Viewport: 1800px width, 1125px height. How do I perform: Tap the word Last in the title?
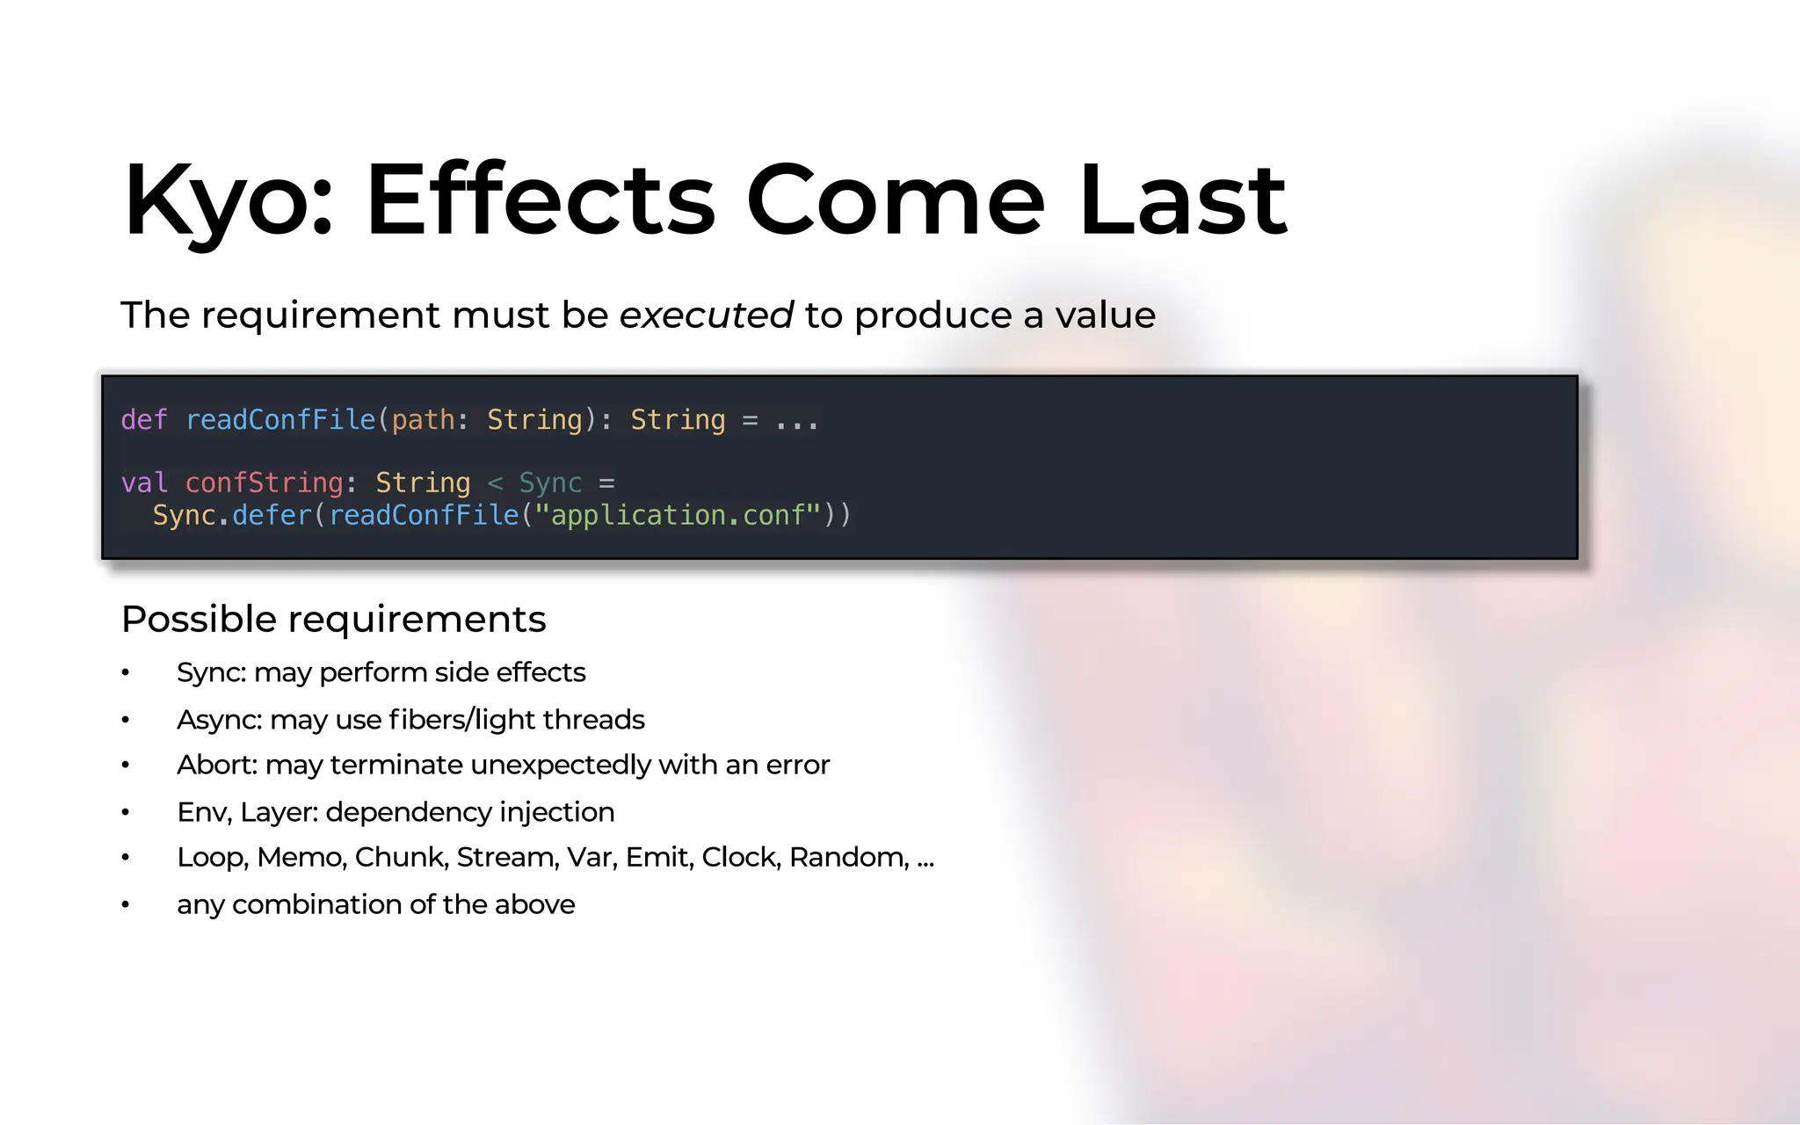tap(1182, 200)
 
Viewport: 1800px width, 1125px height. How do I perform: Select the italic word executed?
tap(706, 315)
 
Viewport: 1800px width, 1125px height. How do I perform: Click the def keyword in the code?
tap(143, 420)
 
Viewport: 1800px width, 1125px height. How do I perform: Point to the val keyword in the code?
tap(143, 483)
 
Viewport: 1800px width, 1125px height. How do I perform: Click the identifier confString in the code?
tap(264, 483)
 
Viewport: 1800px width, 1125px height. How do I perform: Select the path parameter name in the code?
tap(423, 420)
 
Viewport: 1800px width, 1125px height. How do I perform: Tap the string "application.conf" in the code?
tap(678, 515)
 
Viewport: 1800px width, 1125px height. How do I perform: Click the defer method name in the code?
tap(272, 515)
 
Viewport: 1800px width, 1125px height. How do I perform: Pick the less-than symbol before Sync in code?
tap(495, 483)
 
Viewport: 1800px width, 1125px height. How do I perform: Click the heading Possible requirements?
tap(333, 620)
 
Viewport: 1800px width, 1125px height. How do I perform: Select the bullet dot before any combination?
tap(126, 904)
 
